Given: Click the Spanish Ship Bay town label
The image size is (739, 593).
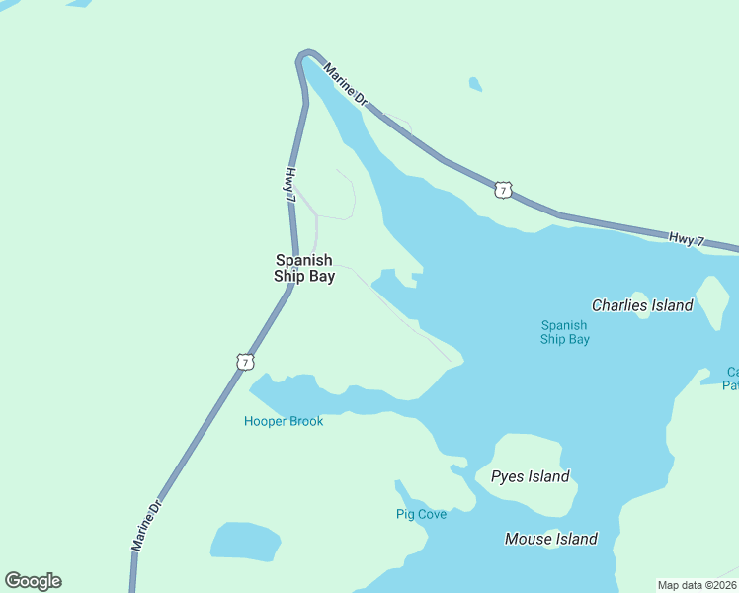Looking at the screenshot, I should (x=304, y=269).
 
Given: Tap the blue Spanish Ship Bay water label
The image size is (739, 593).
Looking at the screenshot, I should (x=564, y=332).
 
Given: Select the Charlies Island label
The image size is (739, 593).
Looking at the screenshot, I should (x=642, y=305).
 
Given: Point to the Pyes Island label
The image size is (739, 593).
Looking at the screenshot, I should (x=531, y=476).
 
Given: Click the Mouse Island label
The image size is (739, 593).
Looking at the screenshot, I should (x=550, y=539).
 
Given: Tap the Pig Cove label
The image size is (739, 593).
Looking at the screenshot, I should (x=421, y=514).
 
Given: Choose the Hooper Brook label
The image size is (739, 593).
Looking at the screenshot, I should (x=284, y=421).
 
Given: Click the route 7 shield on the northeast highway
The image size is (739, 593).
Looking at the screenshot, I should (x=504, y=189).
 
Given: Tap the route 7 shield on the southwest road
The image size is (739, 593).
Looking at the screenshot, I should (x=244, y=362).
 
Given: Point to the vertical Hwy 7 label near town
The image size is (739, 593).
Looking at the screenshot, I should (x=290, y=186).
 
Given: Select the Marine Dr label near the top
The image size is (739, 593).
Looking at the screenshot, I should (x=346, y=87).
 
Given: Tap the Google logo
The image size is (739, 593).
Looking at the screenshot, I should (x=33, y=581).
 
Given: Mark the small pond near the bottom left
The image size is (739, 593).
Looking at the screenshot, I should (x=245, y=541).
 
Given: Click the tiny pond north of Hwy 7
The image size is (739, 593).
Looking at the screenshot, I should (x=475, y=85).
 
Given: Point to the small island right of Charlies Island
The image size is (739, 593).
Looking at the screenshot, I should (x=712, y=300).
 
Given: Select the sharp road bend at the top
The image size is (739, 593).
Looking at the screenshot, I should (x=307, y=53).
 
